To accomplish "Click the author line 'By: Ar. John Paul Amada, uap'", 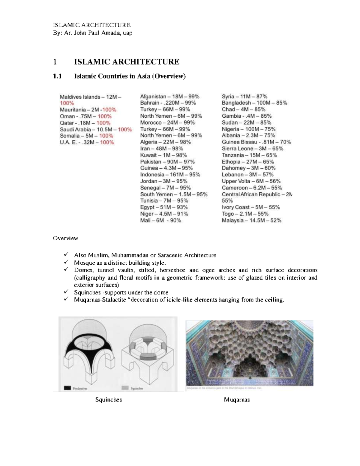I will click(92, 33).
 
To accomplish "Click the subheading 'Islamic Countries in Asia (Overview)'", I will click(130, 76).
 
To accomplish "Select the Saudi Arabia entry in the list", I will click(95, 129).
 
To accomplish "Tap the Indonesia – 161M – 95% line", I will click(170, 175).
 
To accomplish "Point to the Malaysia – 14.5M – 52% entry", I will click(251, 221).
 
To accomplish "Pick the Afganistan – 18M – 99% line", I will click(169, 97).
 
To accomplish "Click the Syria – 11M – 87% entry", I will click(244, 97).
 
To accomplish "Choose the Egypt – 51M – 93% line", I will click(164, 207).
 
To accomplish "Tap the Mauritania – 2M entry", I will click(88, 110).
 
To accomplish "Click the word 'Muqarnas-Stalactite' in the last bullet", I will click(100, 300).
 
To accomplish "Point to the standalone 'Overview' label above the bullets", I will click(65, 238).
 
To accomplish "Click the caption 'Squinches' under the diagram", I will click(108, 400).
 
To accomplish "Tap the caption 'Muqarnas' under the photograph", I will click(237, 400).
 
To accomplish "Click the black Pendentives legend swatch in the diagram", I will click(67, 388).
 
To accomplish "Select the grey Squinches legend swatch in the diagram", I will click(125, 388).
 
